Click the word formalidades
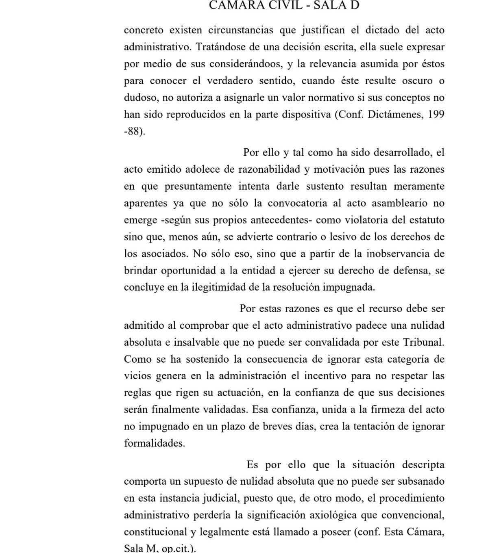(154, 443)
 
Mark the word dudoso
(139, 98)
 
